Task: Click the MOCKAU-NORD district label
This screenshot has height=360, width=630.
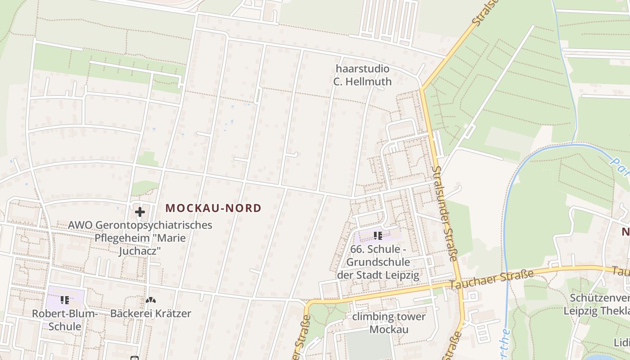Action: pyautogui.click(x=213, y=208)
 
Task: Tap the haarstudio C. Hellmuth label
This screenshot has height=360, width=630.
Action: pyautogui.click(x=362, y=75)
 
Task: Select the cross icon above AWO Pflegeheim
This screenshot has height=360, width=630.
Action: pyautogui.click(x=139, y=211)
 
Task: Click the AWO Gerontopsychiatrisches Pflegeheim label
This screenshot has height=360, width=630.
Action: pyautogui.click(x=140, y=238)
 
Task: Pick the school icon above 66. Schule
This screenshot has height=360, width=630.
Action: pyautogui.click(x=378, y=235)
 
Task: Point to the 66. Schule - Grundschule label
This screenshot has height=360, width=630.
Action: pyautogui.click(x=378, y=262)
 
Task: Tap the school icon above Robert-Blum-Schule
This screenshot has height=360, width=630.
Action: pyautogui.click(x=65, y=300)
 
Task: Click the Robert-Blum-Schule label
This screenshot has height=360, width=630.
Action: pyautogui.click(x=65, y=319)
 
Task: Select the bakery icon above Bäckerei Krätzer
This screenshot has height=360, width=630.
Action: pyautogui.click(x=151, y=300)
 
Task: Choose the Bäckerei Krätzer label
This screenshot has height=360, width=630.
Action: pyautogui.click(x=151, y=313)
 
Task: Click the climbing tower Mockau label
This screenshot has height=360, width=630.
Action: pyautogui.click(x=389, y=323)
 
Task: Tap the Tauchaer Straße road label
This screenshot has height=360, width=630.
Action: pyautogui.click(x=491, y=279)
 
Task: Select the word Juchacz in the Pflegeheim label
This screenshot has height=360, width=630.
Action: pyautogui.click(x=140, y=251)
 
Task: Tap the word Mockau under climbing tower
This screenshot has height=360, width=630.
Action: pyautogui.click(x=389, y=329)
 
